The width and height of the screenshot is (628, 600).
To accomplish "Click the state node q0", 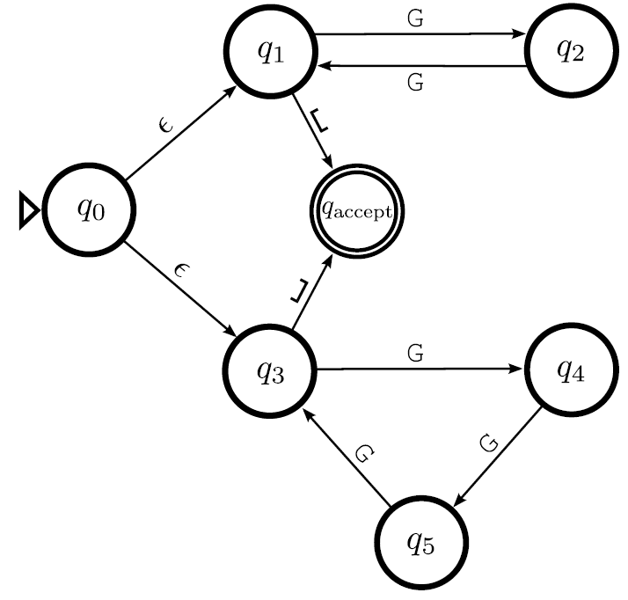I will coord(91,210).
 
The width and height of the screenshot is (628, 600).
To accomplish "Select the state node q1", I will coord(270,52).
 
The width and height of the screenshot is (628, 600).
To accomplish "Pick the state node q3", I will coord(270,370).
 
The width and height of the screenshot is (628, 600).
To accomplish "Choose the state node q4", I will coord(568,370).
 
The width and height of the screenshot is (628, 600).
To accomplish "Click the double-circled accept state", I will coord(355,210).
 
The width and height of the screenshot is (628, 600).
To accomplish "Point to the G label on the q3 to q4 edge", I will coord(417,354).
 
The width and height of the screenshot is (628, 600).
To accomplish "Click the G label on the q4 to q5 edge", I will coord(490,441).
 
